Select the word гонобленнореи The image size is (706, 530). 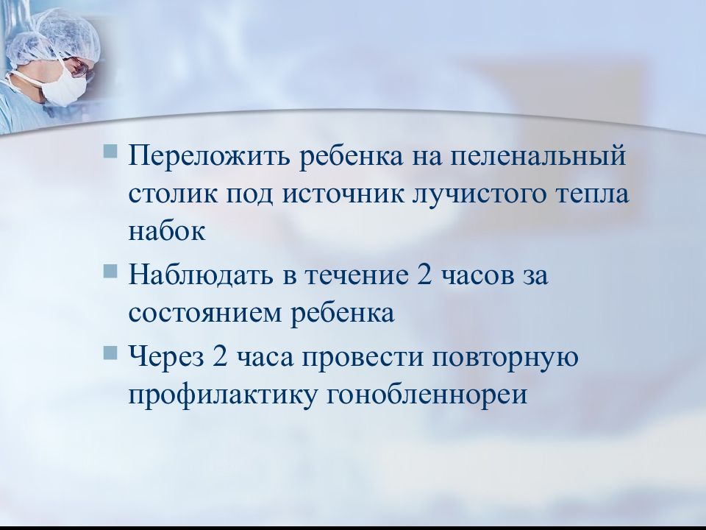pos(425,395)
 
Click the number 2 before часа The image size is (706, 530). pos(218,358)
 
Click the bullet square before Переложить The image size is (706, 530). pos(110,152)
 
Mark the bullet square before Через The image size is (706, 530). pos(110,353)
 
